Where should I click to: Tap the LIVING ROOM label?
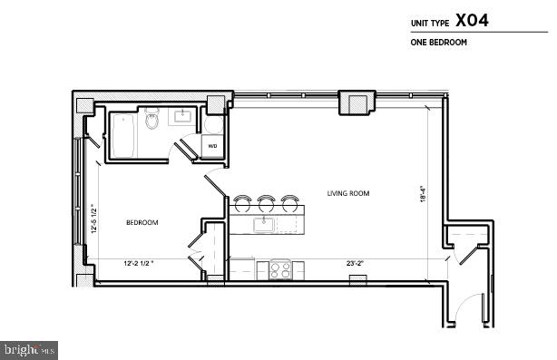point(348,193)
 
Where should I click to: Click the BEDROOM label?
point(142,222)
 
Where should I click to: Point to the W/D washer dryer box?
point(212,146)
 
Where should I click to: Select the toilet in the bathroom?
point(153,120)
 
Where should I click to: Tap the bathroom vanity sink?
point(183,117)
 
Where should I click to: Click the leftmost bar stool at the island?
point(243,201)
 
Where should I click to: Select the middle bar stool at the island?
point(266,201)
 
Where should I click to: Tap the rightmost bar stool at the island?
point(288,201)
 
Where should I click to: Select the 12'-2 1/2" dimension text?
point(139,264)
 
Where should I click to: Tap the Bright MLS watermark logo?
point(29,348)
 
